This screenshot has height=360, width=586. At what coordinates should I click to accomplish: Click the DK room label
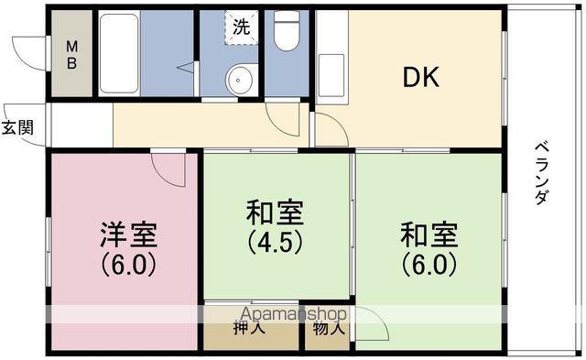pyautogui.click(x=421, y=78)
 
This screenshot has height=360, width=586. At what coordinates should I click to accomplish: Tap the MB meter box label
pyautogui.click(x=71, y=55)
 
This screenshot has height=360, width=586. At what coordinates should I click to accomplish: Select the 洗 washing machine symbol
pyautogui.click(x=242, y=27)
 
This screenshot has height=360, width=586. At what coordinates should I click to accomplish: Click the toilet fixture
pyautogui.click(x=287, y=30)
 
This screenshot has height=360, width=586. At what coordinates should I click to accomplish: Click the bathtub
pyautogui.click(x=119, y=53)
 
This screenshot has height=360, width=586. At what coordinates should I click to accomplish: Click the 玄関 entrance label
pyautogui.click(x=17, y=128)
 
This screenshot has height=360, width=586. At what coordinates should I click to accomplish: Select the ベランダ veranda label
pyautogui.click(x=541, y=173)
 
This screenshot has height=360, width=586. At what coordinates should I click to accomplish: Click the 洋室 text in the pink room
pyautogui.click(x=128, y=235)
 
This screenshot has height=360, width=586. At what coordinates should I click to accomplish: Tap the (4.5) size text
pyautogui.click(x=275, y=243)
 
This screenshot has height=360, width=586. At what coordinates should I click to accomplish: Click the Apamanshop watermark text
pyautogui.click(x=294, y=314)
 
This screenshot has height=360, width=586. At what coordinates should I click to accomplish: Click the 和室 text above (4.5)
pyautogui.click(x=275, y=213)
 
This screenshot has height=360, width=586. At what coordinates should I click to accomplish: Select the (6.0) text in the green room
pyautogui.click(x=429, y=265)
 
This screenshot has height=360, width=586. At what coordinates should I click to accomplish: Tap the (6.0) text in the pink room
pyautogui.click(x=128, y=265)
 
